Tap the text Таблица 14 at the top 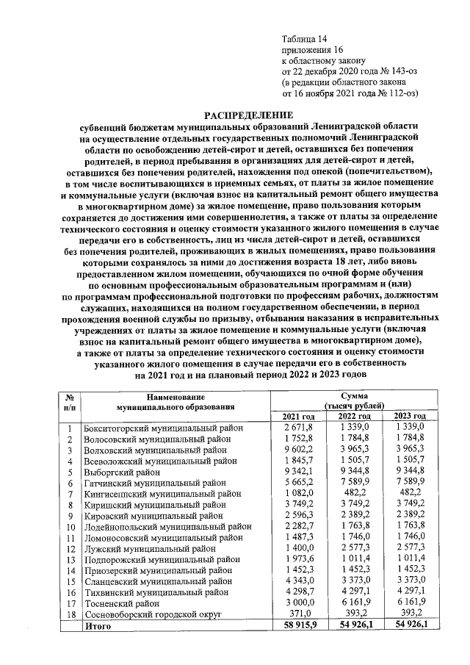[x=308, y=38]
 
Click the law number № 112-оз [x=394, y=94]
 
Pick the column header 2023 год [x=410, y=417]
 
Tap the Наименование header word [x=176, y=395]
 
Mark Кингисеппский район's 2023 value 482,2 [x=410, y=495]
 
